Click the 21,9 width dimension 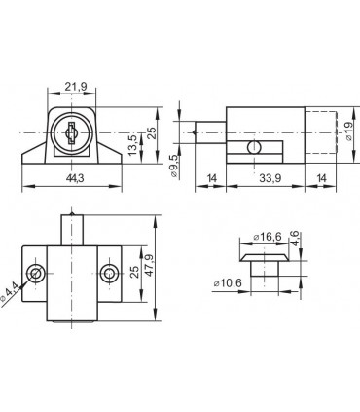[x=75, y=87]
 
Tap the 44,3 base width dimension [x=75, y=178]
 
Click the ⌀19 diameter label [x=349, y=131]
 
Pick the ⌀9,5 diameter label [x=173, y=166]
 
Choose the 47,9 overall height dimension [x=150, y=265]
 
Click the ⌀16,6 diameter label [x=268, y=237]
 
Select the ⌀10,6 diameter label [x=228, y=283]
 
